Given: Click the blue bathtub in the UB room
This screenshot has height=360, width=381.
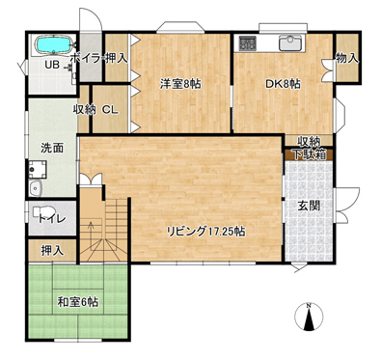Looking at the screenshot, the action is pos(53,44).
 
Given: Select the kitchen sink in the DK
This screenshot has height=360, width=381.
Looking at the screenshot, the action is pos(290,43).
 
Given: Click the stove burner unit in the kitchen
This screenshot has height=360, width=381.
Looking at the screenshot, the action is pos(247,43).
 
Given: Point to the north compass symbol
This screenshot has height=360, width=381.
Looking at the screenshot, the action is pos(309,317).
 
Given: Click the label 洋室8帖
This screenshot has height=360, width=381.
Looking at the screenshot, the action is pos(181,84).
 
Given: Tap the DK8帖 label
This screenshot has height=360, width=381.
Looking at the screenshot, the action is pos(283,84).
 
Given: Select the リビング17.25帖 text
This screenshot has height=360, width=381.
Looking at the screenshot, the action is pos(205,231).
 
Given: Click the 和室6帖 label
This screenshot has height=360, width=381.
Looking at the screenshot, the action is pos(78,302).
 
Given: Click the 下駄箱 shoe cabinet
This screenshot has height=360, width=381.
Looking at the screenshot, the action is pos(309,154).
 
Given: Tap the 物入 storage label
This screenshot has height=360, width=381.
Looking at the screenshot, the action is pos(347,58).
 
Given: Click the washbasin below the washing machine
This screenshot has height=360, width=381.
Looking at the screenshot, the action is pos(36,188).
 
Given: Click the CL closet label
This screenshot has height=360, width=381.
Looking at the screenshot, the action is pos(110,110).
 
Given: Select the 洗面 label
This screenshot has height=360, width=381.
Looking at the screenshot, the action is pos(52,148).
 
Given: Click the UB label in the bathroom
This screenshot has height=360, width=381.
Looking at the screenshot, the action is pos(52,66).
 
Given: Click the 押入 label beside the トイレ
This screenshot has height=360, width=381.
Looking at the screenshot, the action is pos(52,251).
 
